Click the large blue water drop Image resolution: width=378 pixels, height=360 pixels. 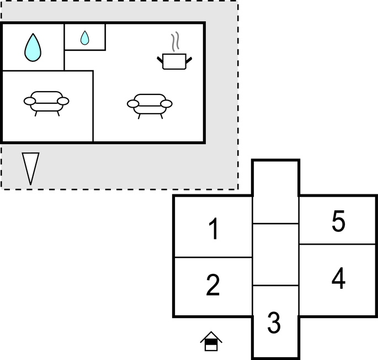point(33,47)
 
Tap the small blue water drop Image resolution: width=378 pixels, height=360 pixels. point(84,38)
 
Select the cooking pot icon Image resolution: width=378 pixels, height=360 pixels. point(174,61)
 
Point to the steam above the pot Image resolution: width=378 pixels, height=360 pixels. point(175,41)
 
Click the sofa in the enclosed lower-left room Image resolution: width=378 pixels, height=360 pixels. point(46,103)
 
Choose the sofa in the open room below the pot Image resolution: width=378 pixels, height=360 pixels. point(150,106)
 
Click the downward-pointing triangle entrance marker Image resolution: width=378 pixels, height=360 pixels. point(30,168)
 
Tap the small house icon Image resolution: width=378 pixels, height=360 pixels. point(211,341)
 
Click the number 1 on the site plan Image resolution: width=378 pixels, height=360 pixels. point(214,229)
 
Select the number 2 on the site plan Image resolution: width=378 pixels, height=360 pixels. point(213,285)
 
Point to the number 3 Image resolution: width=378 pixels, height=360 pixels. point(274,322)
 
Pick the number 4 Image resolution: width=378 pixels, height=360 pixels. point(338,278)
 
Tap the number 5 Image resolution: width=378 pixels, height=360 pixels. point(338,221)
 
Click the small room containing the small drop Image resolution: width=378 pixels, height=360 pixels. point(85,36)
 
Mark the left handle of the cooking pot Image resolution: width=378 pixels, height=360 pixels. point(160,60)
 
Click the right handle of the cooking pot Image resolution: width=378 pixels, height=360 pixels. point(189,60)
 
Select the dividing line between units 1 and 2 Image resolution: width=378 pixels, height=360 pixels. point(214,257)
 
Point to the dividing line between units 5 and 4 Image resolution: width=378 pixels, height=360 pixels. point(338,245)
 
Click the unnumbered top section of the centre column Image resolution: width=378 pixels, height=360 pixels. point(275,192)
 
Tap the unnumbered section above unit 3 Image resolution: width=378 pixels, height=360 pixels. point(275,255)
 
